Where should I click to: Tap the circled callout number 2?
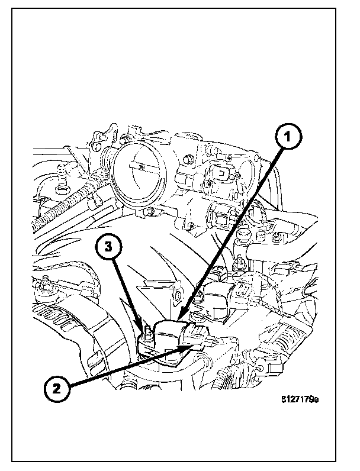(x=57, y=388)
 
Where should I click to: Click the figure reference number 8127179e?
(x=300, y=399)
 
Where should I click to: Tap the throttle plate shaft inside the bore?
(x=140, y=167)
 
